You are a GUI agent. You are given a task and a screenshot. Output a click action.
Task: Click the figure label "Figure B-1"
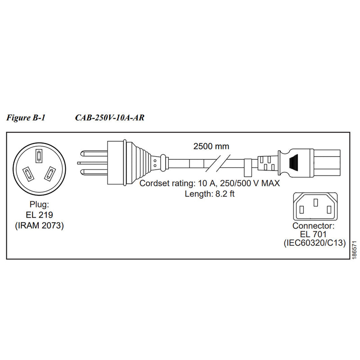[x=26, y=118]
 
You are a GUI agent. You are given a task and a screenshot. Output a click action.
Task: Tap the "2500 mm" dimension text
[x=211, y=146]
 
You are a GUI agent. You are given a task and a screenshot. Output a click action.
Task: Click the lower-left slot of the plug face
[x=27, y=173]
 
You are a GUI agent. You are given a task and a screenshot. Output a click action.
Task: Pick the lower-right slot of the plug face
[x=51, y=172]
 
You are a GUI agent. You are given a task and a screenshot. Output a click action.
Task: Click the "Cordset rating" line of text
[x=210, y=184]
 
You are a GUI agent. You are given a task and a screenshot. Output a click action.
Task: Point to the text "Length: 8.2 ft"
[x=210, y=194]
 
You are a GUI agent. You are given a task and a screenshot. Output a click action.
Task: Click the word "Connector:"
[x=314, y=225]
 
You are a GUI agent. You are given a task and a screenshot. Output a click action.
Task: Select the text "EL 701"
[x=314, y=234]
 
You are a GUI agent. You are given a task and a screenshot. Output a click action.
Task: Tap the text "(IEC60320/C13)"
[x=314, y=244]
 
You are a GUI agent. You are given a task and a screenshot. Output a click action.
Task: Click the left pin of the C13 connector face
[x=302, y=208]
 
